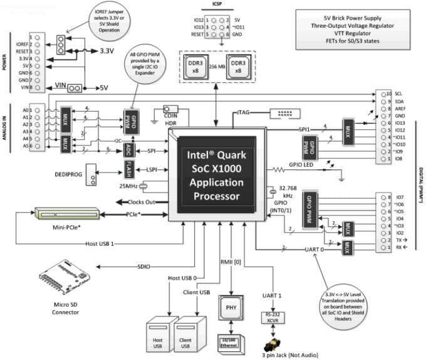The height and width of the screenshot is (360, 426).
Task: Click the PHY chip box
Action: pos(229,308)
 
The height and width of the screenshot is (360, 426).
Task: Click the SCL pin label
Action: pos(399,93)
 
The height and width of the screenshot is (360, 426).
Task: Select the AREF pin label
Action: pos(400,109)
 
